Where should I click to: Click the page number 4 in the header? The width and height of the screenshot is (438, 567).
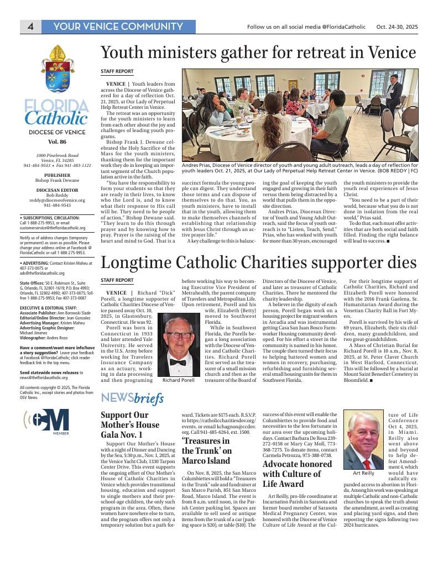[31, 27]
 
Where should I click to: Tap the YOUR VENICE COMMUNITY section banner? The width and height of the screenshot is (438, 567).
[118, 27]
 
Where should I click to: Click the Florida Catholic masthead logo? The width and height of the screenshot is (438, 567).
[56, 112]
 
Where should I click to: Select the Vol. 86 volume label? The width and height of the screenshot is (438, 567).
[56, 142]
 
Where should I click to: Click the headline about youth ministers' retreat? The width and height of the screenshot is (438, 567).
[258, 53]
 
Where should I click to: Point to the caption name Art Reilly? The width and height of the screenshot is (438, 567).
[363, 474]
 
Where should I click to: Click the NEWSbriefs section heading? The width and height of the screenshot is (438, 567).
[132, 398]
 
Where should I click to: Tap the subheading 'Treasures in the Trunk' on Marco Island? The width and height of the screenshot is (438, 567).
[206, 450]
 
